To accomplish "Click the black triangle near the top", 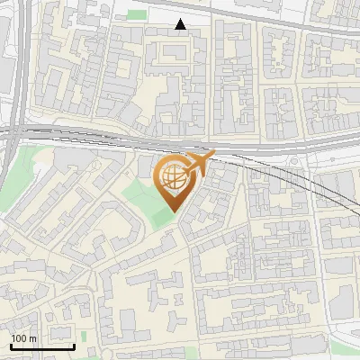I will pos(181,25).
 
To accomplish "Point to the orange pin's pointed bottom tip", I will pos(173,212).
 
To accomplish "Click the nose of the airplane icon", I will pos(213,155).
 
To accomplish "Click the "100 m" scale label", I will pos(24,338).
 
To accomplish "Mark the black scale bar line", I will pos(42,346).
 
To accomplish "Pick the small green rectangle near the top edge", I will pos(137,14).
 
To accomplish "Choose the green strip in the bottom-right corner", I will pos(346,348).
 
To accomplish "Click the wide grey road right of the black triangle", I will pos(270,22).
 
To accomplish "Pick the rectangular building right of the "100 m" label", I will pos(135,334).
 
